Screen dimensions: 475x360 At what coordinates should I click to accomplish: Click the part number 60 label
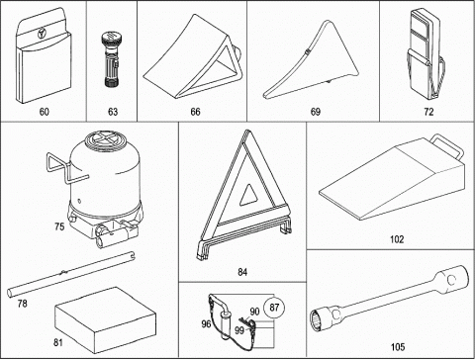(x=44, y=112)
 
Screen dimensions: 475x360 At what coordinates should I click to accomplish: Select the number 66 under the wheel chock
(x=195, y=112)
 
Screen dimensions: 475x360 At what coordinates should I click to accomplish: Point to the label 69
(x=316, y=112)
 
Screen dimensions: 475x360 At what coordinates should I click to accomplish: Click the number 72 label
(x=428, y=112)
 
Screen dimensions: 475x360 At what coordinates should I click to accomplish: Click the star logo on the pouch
(x=43, y=33)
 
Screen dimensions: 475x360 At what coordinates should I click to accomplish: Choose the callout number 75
(x=59, y=226)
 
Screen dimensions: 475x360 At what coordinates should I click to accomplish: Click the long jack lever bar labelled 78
(x=71, y=274)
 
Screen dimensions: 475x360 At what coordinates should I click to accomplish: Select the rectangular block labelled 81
(x=105, y=319)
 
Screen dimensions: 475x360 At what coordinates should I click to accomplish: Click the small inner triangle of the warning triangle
(x=249, y=196)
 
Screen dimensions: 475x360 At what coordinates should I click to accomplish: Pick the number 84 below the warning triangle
(x=242, y=272)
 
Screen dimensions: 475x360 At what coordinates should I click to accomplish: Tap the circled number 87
(x=274, y=308)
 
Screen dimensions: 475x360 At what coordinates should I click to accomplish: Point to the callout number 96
(x=206, y=324)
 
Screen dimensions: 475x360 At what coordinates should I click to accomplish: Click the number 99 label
(x=239, y=330)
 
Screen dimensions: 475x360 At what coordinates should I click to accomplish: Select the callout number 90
(x=254, y=312)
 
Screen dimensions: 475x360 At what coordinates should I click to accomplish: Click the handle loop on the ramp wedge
(x=448, y=144)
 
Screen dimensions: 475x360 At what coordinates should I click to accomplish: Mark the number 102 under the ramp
(x=397, y=239)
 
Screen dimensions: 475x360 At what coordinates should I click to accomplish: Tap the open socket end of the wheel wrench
(x=317, y=319)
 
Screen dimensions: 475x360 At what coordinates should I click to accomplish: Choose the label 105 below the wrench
(x=398, y=347)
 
